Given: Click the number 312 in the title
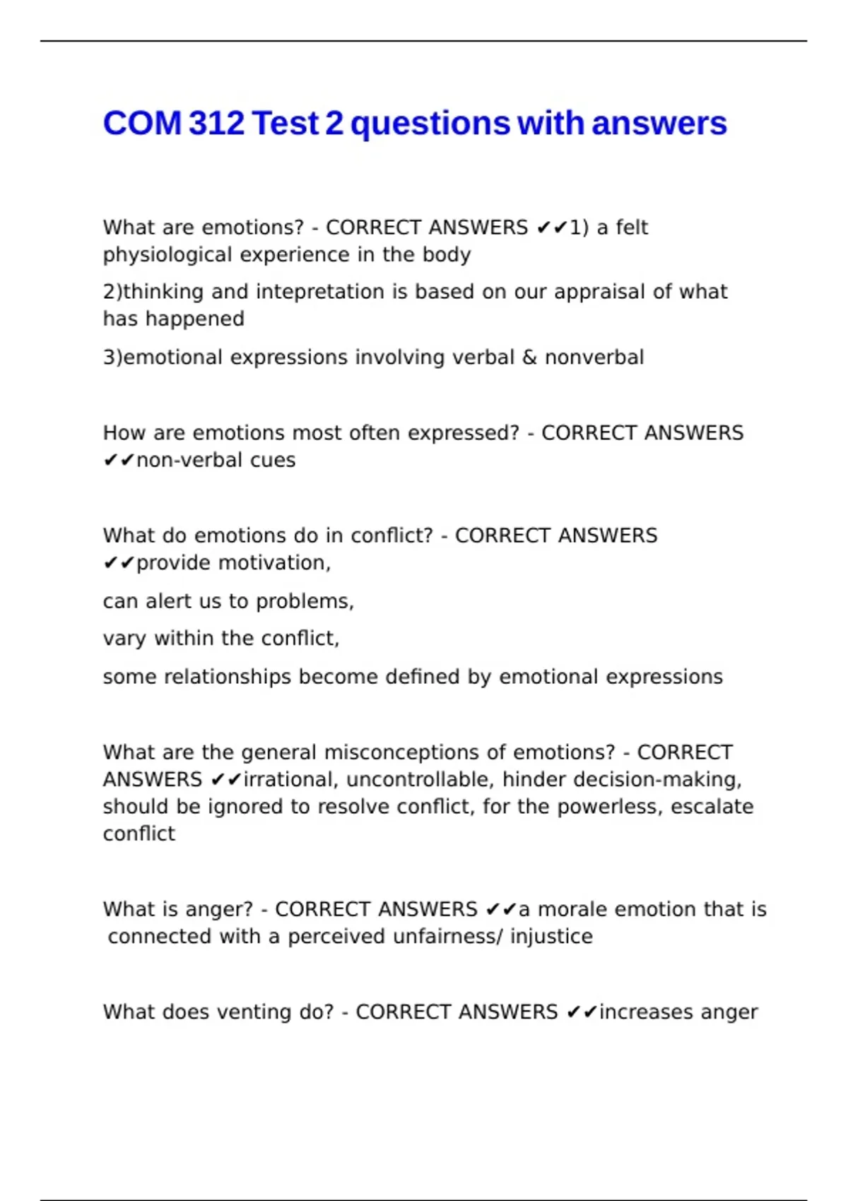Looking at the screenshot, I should (x=217, y=124).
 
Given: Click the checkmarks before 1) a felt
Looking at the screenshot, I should (x=553, y=227).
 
